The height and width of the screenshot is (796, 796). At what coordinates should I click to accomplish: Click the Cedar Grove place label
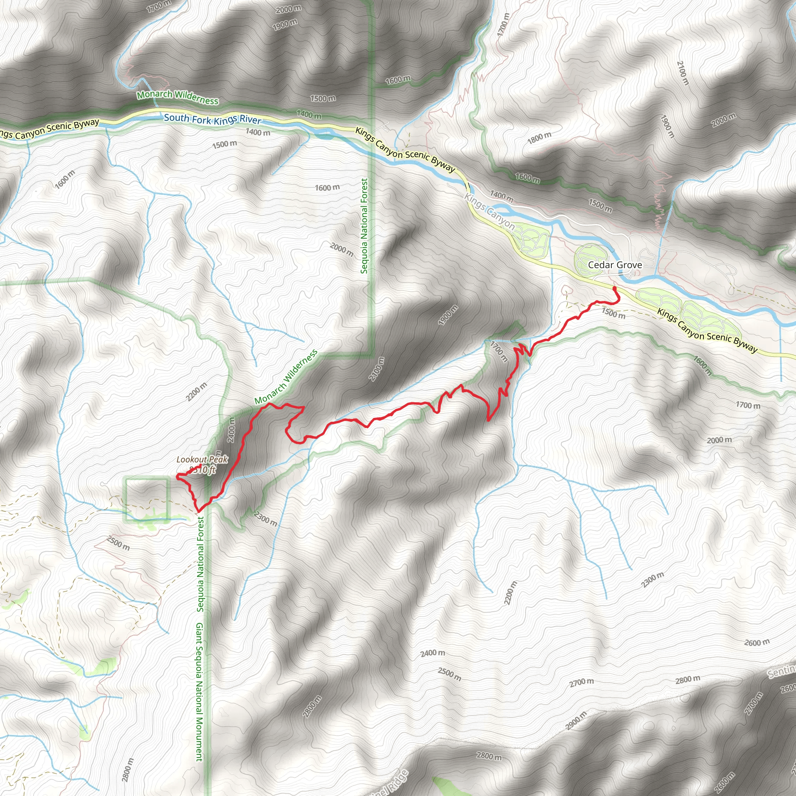pos(615,265)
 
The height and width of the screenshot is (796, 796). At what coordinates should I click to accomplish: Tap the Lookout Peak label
pos(202,460)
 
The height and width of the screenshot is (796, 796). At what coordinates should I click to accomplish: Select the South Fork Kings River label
pos(213,119)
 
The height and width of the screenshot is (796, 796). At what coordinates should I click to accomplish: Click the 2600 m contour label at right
pos(757,642)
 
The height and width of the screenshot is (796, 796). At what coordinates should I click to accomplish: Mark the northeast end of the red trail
pos(614,288)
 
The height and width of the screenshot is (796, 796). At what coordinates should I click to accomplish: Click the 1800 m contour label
pos(539,138)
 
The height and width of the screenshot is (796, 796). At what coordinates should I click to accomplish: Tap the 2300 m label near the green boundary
pos(266,519)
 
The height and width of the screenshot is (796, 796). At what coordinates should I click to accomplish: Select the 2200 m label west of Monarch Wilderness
pos(196,392)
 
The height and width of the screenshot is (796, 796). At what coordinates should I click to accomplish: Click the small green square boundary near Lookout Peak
pos(147,499)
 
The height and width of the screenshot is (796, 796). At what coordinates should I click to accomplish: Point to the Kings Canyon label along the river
pos(489,212)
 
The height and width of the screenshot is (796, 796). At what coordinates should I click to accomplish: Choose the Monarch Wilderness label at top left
pos(178,97)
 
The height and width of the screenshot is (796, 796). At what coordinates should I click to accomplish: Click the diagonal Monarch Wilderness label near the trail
pos(286,377)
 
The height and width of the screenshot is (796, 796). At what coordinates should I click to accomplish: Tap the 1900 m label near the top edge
pos(285,25)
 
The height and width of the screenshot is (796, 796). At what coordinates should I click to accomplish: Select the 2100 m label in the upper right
pos(683,73)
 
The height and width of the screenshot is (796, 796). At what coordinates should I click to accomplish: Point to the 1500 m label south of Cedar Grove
pos(613,313)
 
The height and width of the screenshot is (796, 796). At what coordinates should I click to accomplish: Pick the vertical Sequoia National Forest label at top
pos(364,226)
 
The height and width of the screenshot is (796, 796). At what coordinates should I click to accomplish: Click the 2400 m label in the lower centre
pos(433,653)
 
